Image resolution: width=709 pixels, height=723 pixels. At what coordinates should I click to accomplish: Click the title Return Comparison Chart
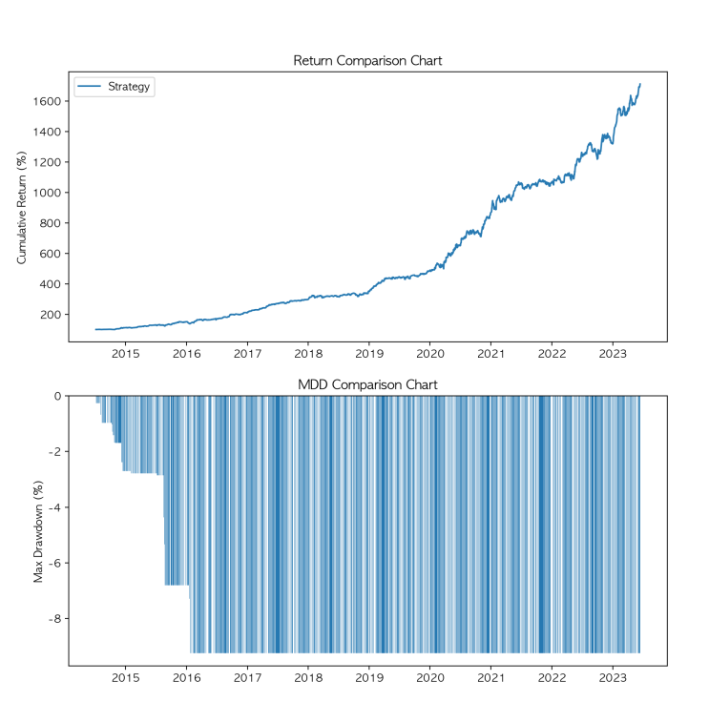367,61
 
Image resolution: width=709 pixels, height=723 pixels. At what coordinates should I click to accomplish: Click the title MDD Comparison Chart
367,384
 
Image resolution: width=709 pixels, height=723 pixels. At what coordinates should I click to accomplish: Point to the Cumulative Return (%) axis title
23,206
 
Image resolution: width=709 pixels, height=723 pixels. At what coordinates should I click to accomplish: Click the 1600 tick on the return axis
47,101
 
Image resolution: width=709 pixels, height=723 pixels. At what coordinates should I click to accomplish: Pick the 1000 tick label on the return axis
47,193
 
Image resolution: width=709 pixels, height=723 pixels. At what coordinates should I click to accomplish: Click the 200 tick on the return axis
51,315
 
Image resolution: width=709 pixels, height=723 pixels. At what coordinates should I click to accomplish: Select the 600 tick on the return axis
51,254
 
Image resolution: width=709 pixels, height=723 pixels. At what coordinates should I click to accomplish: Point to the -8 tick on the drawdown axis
54,618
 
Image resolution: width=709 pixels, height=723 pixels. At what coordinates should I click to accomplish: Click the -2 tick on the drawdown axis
54,451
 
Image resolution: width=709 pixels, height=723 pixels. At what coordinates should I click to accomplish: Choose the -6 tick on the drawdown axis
54,563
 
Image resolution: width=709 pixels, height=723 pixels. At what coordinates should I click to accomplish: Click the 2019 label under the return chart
369,355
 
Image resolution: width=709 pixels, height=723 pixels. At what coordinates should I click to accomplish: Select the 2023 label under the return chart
613,355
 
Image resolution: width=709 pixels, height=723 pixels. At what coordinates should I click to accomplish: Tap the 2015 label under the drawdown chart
126,678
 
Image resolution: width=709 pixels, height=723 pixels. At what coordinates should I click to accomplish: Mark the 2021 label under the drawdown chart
490,678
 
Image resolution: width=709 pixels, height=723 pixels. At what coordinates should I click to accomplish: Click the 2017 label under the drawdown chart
247,678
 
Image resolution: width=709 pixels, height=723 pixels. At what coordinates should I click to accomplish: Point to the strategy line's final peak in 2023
639,84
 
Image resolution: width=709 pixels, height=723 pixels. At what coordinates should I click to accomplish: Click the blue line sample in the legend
90,87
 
